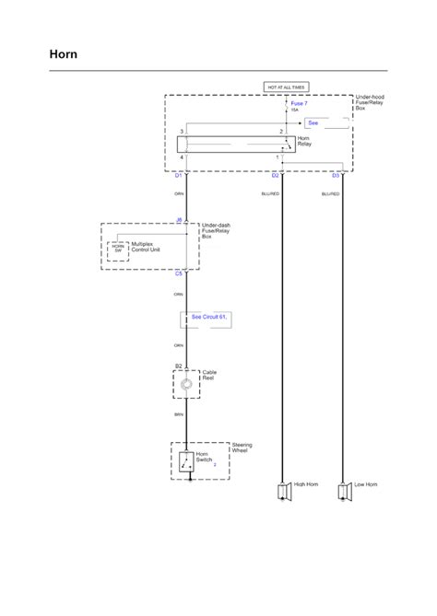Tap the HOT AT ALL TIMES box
286,87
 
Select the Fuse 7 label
300,104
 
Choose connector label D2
275,175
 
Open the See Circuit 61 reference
209,317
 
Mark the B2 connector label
179,366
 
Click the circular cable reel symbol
186,385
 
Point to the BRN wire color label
179,415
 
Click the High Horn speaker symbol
281,492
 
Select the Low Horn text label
366,484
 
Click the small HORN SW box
117,249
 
